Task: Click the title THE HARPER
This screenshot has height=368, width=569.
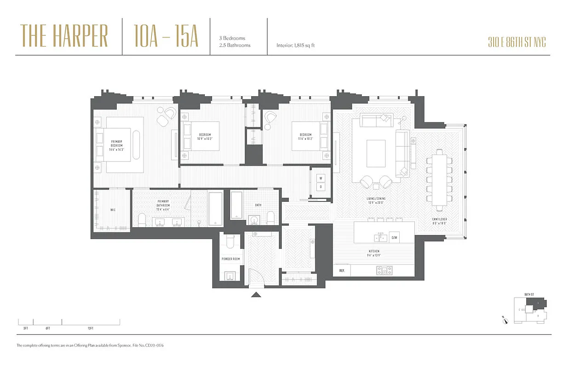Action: tap(64, 36)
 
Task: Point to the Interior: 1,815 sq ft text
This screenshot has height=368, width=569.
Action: tap(295, 46)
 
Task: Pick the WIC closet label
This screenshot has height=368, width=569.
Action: tap(113, 210)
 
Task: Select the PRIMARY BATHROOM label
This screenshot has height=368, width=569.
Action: tap(163, 205)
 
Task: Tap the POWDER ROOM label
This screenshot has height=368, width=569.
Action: tap(231, 259)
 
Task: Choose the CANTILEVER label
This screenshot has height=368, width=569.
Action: tap(439, 221)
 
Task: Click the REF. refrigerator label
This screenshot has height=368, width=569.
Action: tap(342, 271)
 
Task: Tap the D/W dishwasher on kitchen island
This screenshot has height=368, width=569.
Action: tap(394, 238)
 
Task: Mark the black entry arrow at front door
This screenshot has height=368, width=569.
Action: tap(256, 295)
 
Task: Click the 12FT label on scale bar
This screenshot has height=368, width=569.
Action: tap(90, 328)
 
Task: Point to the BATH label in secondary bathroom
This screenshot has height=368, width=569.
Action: tap(259, 205)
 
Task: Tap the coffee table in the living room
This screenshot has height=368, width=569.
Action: tap(376, 154)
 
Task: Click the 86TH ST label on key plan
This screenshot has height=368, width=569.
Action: tap(529, 294)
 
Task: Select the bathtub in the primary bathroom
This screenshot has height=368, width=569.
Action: tap(215, 209)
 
